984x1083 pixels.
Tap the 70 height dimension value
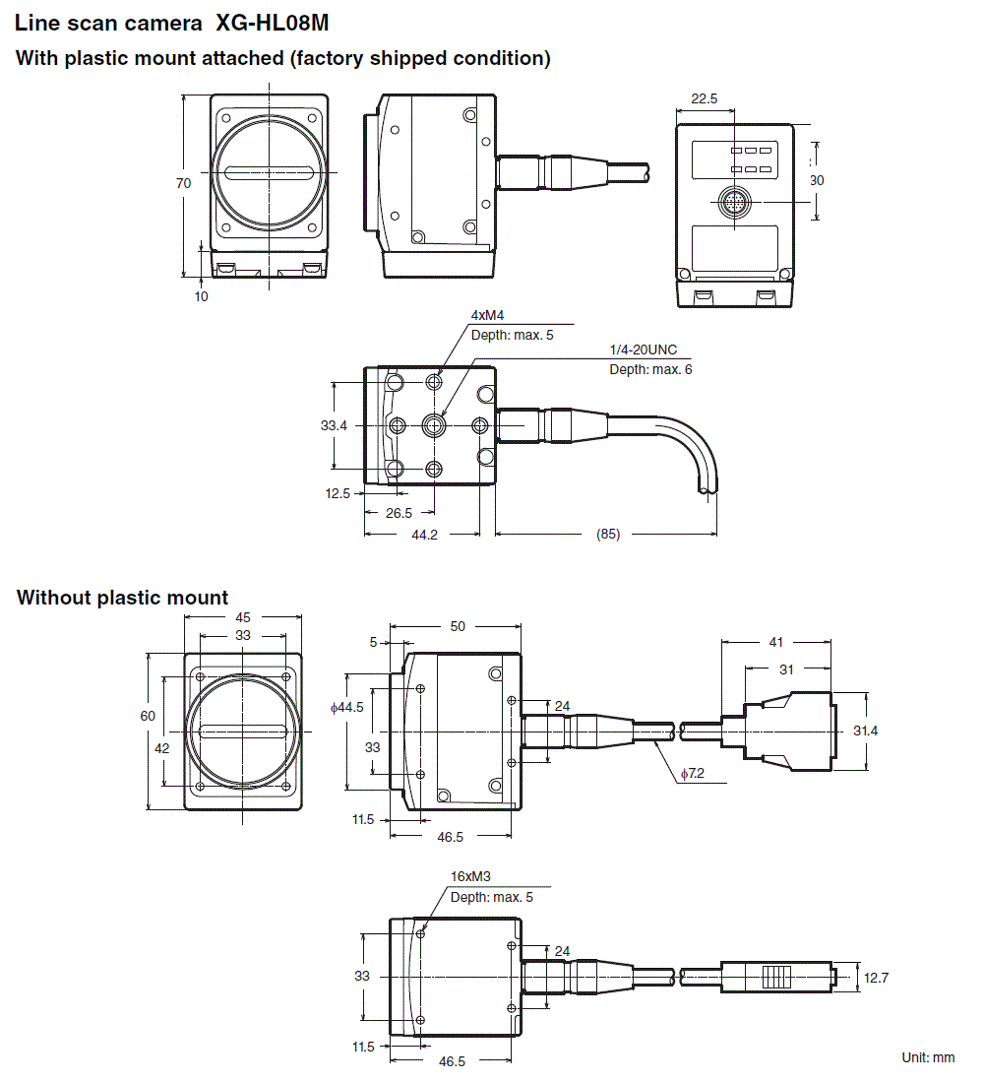click(x=184, y=183)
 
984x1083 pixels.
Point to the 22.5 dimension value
click(x=705, y=98)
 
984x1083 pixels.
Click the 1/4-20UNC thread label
click(x=644, y=350)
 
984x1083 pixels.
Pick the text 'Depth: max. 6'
click(x=650, y=369)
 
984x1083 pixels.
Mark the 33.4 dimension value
click(x=334, y=426)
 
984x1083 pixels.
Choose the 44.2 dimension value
click(x=424, y=534)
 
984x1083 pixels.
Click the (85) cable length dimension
click(x=608, y=535)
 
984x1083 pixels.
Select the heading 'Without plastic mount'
click(x=122, y=598)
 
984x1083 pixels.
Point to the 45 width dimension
click(x=243, y=617)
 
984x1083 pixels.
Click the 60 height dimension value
click(x=148, y=716)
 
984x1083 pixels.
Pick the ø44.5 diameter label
click(x=347, y=707)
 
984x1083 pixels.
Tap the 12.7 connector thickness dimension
click(x=876, y=978)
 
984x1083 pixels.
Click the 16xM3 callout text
click(x=470, y=876)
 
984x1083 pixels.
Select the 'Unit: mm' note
click(x=928, y=1057)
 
